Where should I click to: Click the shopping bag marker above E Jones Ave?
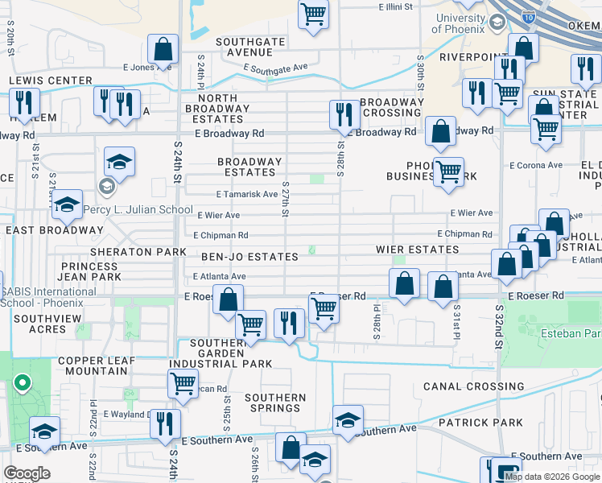pos(164,50)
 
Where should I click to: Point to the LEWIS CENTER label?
pos(51,80)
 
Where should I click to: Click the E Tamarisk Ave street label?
pos(247,194)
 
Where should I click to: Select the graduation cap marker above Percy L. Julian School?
pos(119,163)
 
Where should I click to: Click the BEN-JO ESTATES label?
pos(249,257)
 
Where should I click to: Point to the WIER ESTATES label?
pos(418,250)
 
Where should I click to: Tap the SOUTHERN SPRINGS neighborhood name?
pos(275,402)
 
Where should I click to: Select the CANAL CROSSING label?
pos(462,386)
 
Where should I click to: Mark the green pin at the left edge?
pos(22,384)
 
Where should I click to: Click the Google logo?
pos(27,473)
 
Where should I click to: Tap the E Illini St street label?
pos(395,6)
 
